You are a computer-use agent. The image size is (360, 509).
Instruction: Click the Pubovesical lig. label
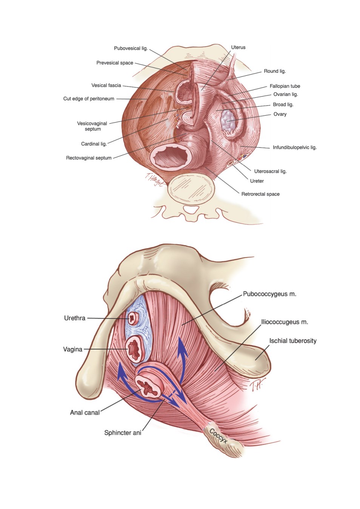coord(131,48)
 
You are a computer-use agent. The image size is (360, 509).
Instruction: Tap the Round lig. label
coord(275,71)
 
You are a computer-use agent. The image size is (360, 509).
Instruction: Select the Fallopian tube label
coord(285,86)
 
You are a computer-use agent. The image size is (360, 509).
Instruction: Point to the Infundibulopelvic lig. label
coord(295,147)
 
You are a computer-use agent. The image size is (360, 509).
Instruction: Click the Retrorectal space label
coord(260,194)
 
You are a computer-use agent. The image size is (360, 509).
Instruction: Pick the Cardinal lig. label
coord(94,144)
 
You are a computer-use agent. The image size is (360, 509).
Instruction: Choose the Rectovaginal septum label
coord(89,158)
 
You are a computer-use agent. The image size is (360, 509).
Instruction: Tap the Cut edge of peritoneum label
coord(89,99)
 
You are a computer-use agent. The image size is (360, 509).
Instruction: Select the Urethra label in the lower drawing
coord(75,318)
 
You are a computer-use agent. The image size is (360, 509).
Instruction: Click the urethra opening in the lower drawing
coord(132,318)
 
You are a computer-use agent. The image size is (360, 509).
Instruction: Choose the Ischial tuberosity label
coord(293,341)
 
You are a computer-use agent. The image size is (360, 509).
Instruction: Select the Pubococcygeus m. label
coord(270,294)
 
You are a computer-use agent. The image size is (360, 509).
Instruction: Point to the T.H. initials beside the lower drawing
coord(257,385)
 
